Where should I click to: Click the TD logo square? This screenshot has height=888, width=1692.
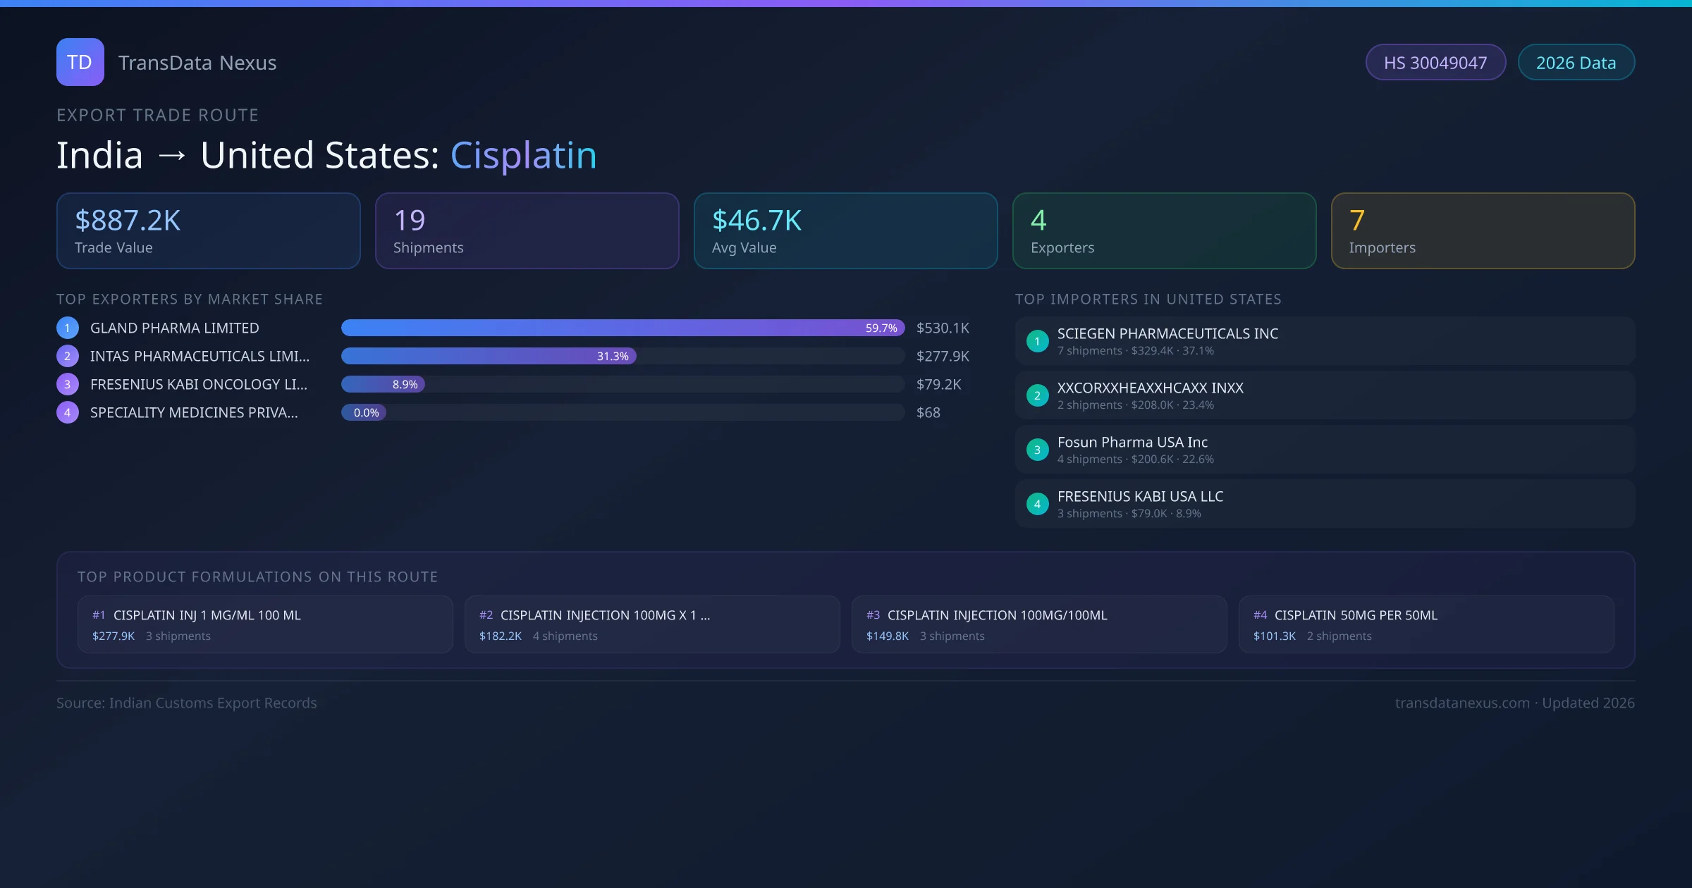80,62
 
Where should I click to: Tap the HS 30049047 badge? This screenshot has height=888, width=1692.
1435,63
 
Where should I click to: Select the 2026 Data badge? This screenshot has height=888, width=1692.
1576,63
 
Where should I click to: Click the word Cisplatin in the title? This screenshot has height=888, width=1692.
523,155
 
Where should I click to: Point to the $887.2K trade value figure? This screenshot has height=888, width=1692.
128,221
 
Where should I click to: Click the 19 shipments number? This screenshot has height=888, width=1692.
410,221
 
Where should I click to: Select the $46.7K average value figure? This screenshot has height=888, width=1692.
756,221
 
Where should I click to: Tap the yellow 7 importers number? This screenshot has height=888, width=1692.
1357,221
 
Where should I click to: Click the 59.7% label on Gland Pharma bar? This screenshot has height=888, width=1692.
881,328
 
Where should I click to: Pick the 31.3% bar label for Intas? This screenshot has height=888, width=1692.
613,357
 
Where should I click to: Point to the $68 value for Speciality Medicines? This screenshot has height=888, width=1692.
928,413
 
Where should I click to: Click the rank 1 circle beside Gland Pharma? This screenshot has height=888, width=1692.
68,328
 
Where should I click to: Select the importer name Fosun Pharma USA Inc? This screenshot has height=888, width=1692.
1132,443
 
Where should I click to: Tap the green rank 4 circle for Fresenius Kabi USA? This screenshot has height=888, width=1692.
1037,504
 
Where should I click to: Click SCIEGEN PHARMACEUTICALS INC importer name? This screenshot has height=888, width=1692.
1167,334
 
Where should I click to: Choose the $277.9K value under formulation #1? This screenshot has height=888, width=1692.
114,636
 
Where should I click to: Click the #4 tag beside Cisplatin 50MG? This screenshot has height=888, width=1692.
1260,615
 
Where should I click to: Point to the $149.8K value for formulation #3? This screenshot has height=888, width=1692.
887,636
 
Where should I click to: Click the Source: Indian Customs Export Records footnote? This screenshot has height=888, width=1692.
187,703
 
